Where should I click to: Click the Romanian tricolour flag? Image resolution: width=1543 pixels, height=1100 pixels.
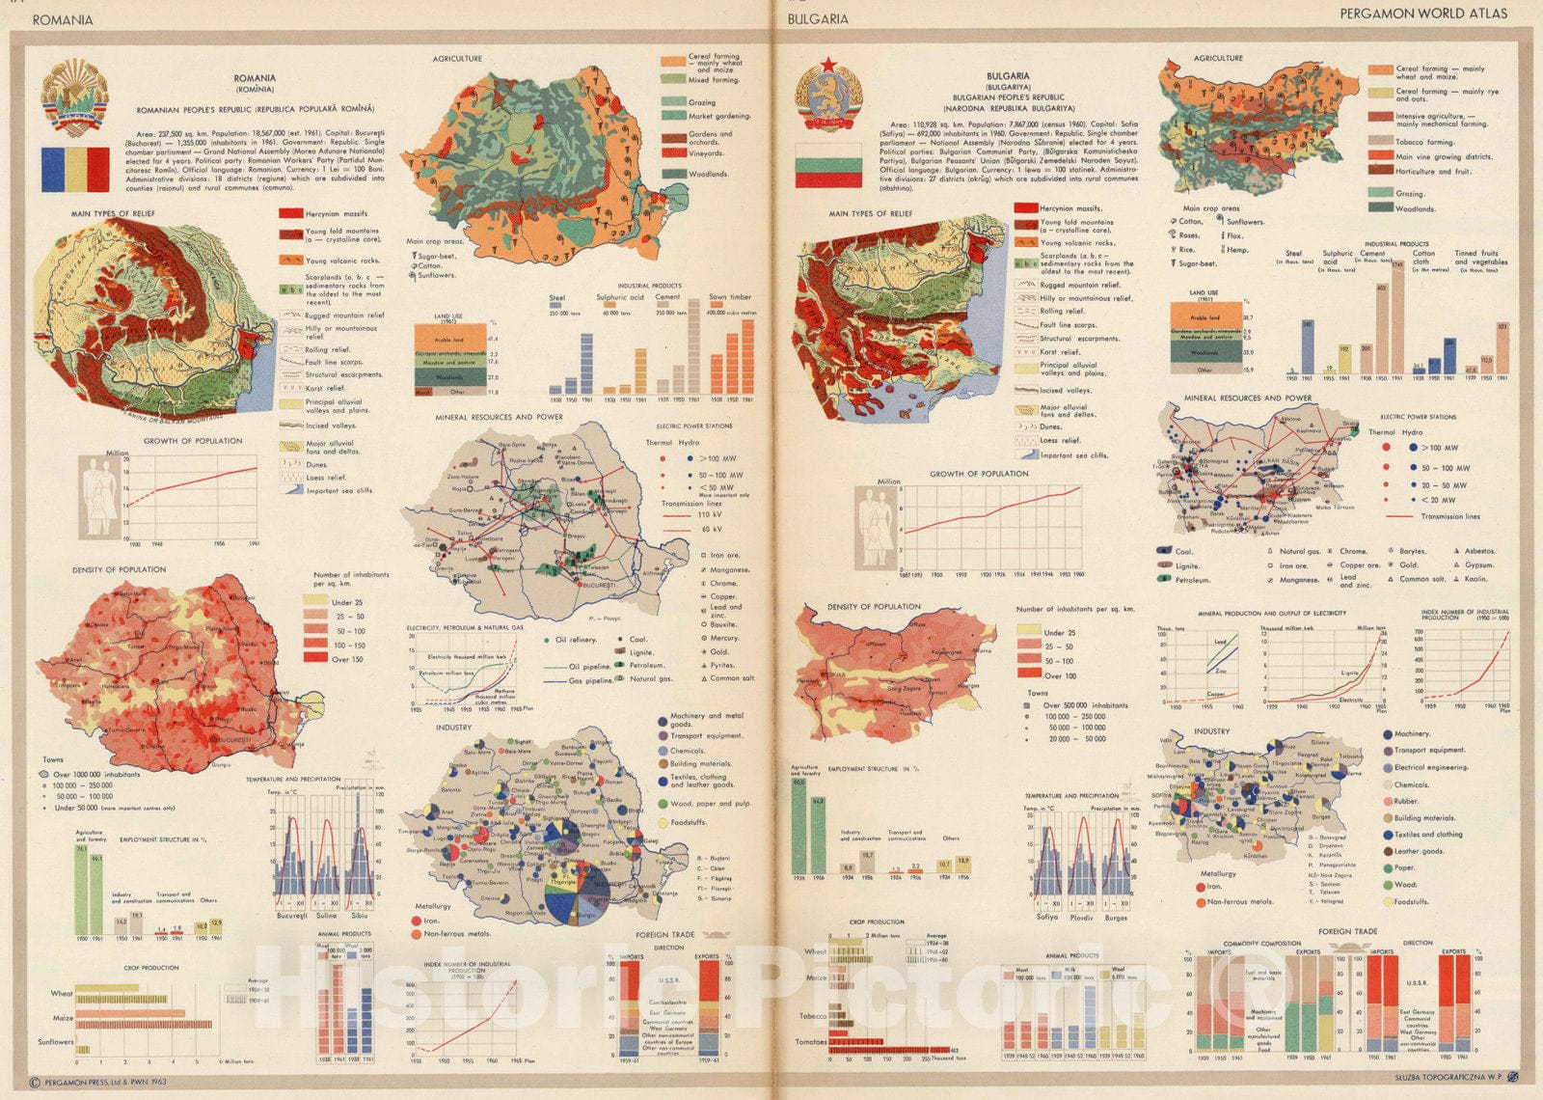[x=75, y=169]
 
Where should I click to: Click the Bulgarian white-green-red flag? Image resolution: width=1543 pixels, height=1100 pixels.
[x=827, y=165]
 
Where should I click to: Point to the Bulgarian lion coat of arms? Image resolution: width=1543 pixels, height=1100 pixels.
[x=827, y=93]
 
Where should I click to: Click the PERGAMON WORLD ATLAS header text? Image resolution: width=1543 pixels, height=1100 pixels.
[x=1422, y=14]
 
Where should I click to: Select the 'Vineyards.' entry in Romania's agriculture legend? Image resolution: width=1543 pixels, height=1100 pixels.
[x=706, y=153]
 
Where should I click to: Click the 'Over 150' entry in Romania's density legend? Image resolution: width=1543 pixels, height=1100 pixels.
[x=348, y=659]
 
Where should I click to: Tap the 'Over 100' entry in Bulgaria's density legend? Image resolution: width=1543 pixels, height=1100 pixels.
[x=1060, y=674]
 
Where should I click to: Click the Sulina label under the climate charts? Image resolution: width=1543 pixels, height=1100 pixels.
[x=325, y=915]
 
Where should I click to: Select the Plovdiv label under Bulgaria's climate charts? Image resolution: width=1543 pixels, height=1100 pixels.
[x=1082, y=918]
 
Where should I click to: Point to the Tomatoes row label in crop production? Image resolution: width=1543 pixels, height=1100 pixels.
[x=812, y=1042]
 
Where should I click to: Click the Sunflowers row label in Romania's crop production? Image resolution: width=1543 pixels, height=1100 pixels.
[x=55, y=1042]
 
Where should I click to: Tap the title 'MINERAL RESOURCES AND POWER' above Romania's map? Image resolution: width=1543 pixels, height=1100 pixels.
[x=499, y=418]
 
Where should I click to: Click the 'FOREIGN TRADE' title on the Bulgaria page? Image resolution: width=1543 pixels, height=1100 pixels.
[x=1347, y=931]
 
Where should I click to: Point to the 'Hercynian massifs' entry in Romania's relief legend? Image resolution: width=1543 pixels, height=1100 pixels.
[x=336, y=214]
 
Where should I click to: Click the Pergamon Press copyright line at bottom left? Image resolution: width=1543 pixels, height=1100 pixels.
[x=97, y=1083]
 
